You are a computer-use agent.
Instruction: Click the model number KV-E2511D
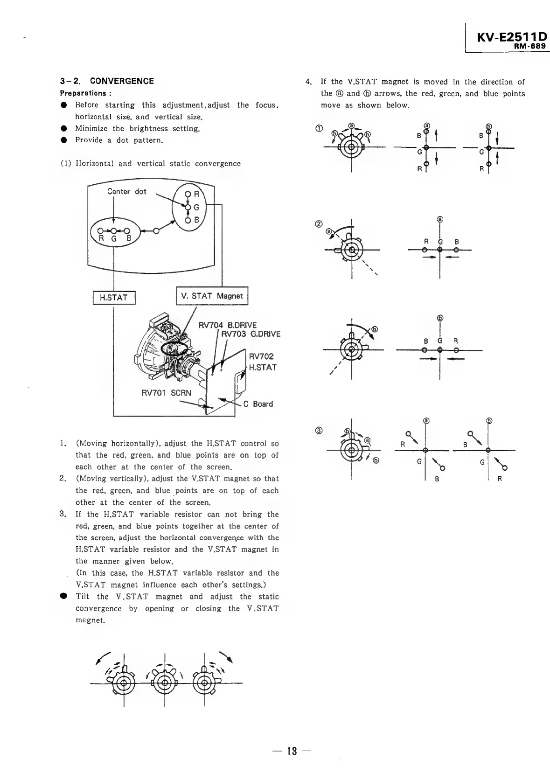pyautogui.click(x=511, y=37)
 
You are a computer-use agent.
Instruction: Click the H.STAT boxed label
pyautogui.click(x=114, y=297)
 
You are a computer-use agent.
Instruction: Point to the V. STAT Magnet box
pyautogui.click(x=212, y=296)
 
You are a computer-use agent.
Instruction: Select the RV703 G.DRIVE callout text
pyautogui.click(x=251, y=334)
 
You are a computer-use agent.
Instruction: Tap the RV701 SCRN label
pyautogui.click(x=166, y=392)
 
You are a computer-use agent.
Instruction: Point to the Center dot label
pyautogui.click(x=126, y=191)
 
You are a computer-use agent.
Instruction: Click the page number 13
pyautogui.click(x=292, y=751)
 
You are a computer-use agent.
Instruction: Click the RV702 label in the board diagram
pyautogui.click(x=262, y=356)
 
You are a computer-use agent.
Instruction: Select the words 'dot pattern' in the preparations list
pyautogui.click(x=141, y=140)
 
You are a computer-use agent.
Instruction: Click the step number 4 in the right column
pyautogui.click(x=308, y=82)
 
